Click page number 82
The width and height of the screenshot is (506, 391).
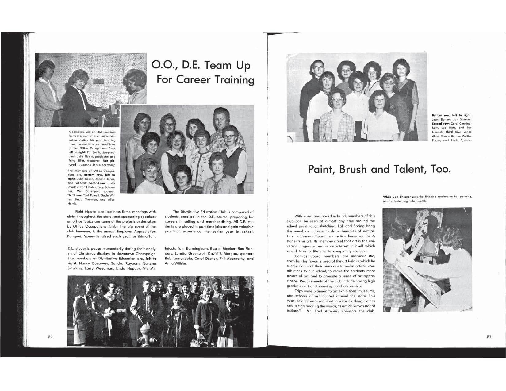51,337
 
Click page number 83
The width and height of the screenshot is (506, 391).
489,337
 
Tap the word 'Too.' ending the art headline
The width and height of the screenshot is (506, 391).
441,169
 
